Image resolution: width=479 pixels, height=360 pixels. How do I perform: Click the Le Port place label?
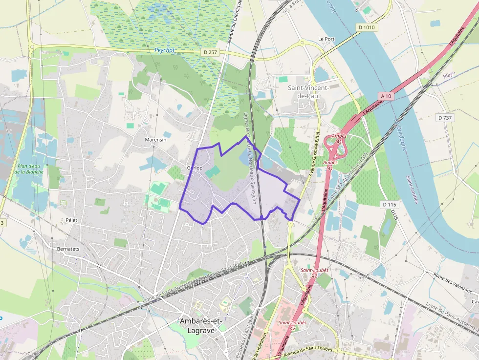[326, 39]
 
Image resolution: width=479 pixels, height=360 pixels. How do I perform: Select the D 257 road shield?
[210, 52]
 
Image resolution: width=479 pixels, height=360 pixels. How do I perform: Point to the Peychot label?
[165, 50]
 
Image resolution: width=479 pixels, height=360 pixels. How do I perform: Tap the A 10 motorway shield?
[385, 96]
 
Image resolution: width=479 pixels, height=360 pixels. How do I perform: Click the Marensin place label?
[155, 140]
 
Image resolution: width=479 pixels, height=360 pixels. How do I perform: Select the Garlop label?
[195, 168]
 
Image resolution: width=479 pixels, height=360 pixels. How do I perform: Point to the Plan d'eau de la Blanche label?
[29, 169]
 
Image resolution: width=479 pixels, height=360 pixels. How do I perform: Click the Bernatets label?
[68, 249]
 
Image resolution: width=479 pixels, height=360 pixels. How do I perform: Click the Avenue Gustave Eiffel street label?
[314, 154]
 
